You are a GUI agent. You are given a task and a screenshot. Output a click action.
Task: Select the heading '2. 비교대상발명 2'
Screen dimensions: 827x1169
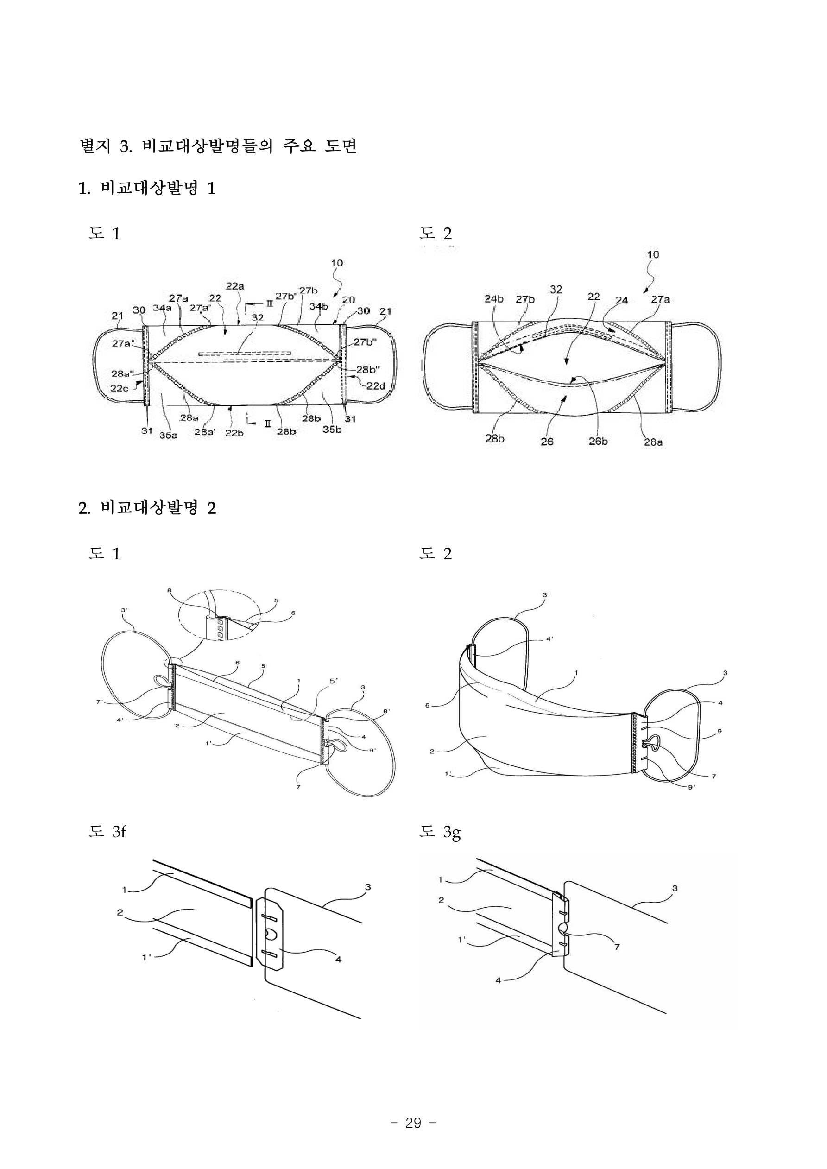(147, 508)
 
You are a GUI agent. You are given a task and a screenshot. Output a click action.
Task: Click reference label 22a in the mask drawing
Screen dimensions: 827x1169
(235, 286)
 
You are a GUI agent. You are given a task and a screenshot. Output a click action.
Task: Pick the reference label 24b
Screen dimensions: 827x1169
(493, 299)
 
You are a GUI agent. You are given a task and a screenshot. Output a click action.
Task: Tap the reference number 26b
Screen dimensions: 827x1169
(598, 441)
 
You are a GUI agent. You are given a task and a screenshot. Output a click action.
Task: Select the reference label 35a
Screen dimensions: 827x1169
(169, 436)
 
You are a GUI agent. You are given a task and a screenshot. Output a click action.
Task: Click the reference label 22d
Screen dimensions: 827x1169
(376, 385)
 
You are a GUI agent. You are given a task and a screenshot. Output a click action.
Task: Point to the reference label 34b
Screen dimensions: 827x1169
(318, 307)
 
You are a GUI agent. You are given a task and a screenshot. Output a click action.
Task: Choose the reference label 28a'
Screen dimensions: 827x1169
(204, 433)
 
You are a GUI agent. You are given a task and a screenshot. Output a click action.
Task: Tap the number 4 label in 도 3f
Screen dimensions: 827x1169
(338, 960)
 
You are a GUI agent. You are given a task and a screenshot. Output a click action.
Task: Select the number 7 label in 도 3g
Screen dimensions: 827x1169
(617, 947)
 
